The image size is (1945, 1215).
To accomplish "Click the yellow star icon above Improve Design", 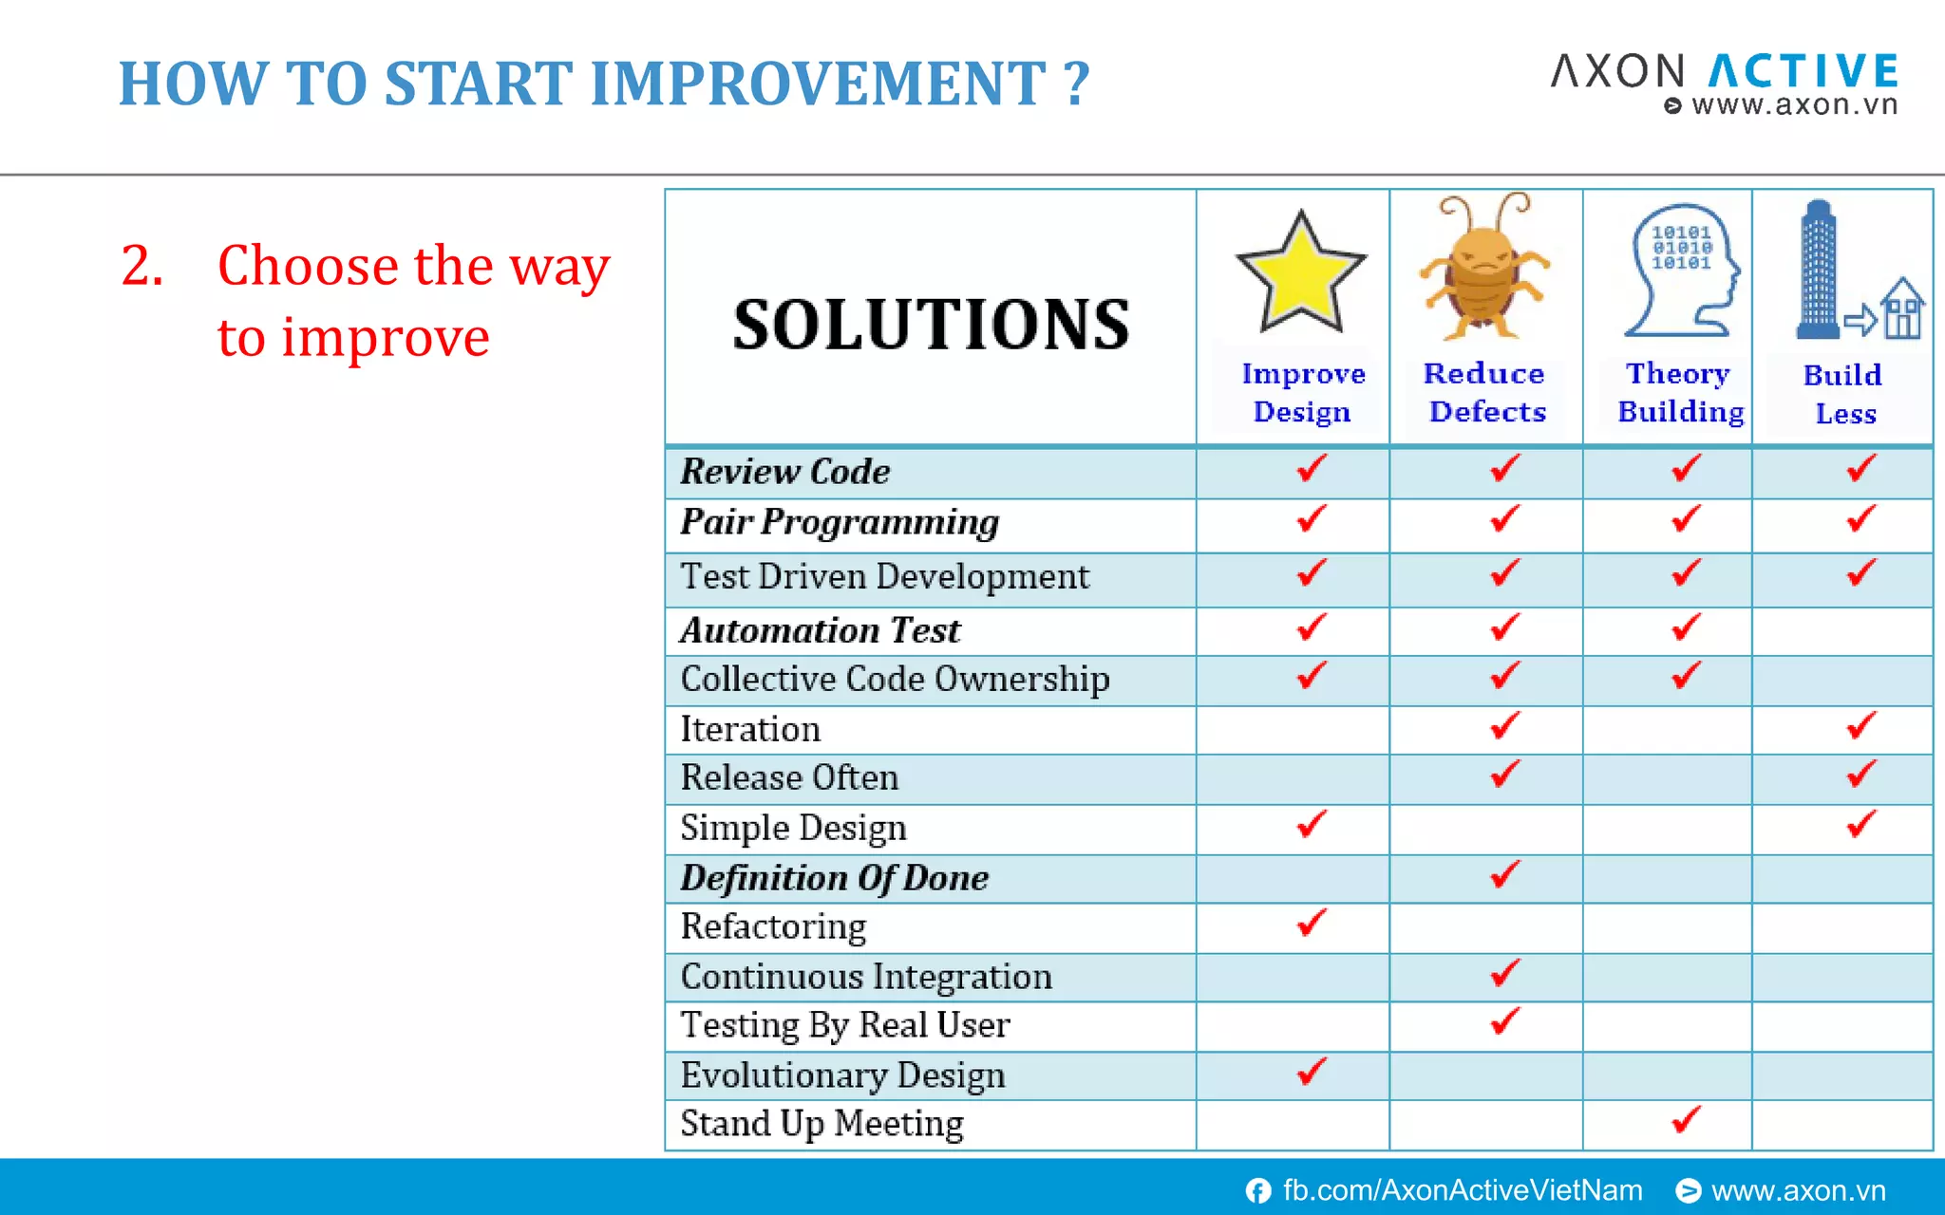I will [x=1300, y=274].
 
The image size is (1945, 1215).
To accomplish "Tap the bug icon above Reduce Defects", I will [x=1483, y=271].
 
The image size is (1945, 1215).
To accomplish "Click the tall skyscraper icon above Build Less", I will [x=1817, y=271].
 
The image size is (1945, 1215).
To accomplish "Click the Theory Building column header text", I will [x=1680, y=393].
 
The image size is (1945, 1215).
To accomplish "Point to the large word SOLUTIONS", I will [x=931, y=325].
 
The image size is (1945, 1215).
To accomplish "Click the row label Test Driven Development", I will [x=884, y=577].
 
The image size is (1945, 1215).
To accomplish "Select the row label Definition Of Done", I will [x=834, y=878].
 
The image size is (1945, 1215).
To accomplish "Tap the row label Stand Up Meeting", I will [x=821, y=1124].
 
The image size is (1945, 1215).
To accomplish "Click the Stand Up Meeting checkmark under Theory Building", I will [x=1686, y=1120].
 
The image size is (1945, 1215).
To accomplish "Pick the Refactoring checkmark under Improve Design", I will [x=1311, y=923].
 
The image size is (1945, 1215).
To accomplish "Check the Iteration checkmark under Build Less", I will [x=1860, y=726].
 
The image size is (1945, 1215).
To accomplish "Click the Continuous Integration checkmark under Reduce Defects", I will [x=1504, y=973].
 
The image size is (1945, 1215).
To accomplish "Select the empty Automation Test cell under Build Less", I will [x=1841, y=631].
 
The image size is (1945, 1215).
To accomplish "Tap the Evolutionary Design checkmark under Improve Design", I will [x=1311, y=1072].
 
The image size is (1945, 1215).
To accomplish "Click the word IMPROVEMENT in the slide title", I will [x=819, y=84].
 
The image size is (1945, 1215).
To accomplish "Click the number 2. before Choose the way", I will [x=142, y=266].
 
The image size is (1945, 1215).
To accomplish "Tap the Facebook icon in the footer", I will [x=1258, y=1190].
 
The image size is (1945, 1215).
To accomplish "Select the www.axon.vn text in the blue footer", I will [x=1798, y=1190].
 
